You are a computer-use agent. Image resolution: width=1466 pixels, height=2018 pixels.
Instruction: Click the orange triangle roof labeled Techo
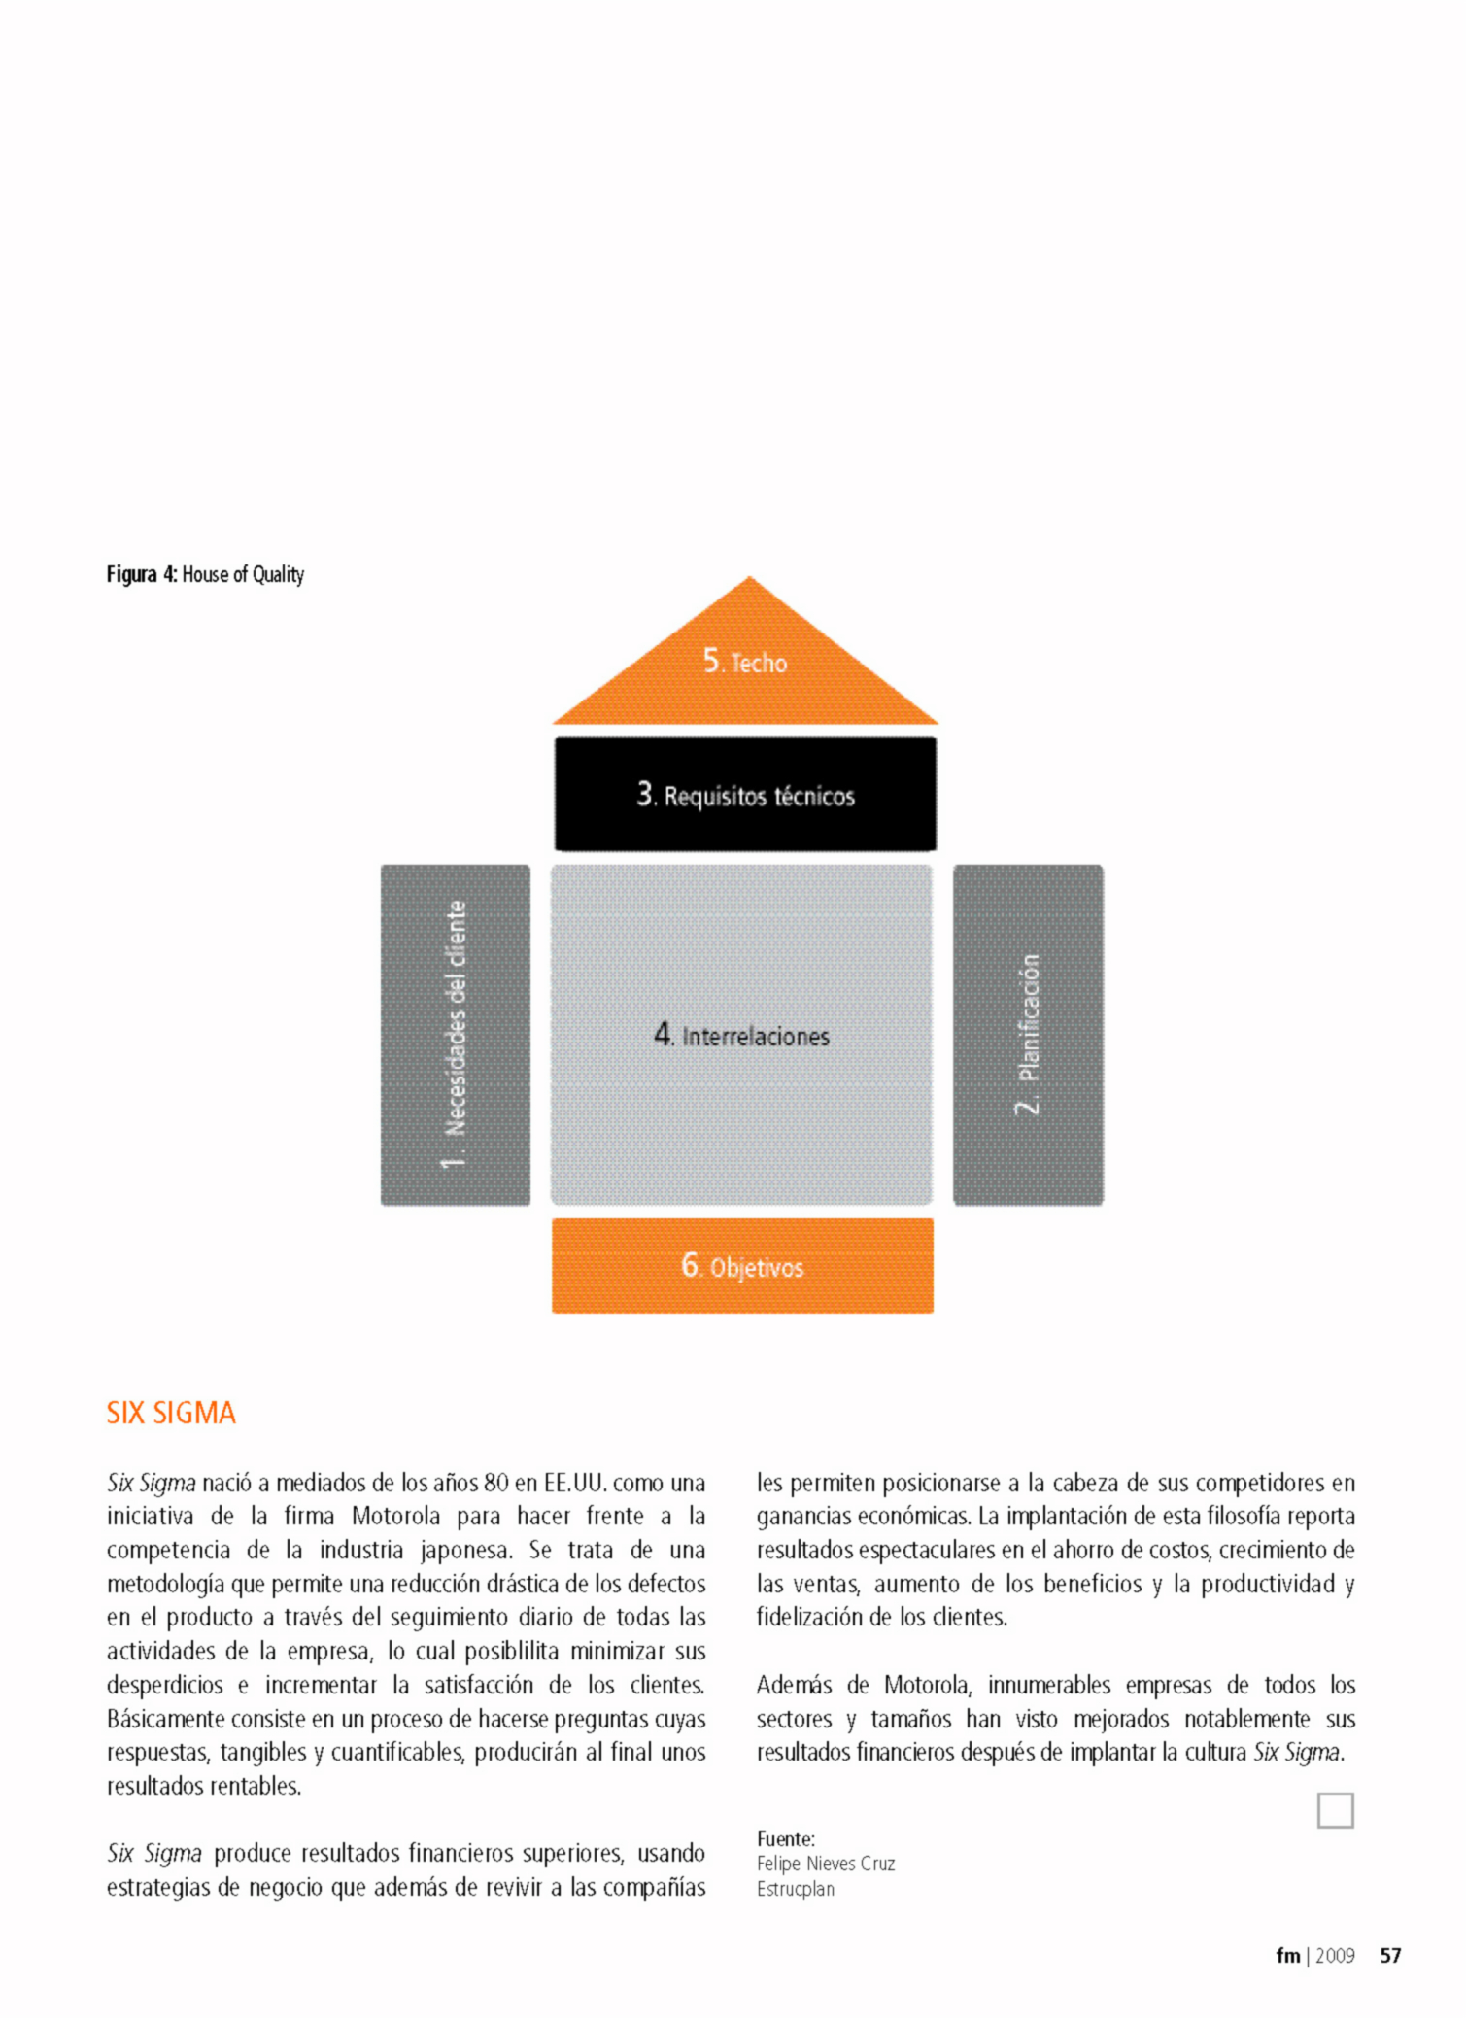[x=745, y=670]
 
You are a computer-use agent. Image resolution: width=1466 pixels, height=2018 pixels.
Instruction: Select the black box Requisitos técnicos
[x=745, y=795]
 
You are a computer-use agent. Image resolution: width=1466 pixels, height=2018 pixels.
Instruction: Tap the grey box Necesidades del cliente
[x=456, y=1035]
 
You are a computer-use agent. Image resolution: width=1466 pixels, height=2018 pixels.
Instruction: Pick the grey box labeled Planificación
[x=1028, y=1035]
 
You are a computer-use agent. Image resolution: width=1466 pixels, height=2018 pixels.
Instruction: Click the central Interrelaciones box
[x=741, y=1035]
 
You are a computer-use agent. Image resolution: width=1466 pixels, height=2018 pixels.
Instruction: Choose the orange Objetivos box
[x=742, y=1265]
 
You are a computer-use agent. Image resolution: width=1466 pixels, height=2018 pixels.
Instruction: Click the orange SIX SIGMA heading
[x=171, y=1413]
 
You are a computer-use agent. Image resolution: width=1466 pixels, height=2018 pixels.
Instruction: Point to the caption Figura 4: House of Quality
[x=205, y=574]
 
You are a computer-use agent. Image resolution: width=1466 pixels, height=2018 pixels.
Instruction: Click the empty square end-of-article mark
[x=1335, y=1810]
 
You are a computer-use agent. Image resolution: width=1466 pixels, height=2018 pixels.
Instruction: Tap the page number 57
[x=1390, y=1956]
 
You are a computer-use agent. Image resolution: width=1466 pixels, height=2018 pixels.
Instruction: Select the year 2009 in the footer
[x=1335, y=1956]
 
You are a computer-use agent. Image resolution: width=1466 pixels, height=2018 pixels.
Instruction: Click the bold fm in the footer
[x=1287, y=1956]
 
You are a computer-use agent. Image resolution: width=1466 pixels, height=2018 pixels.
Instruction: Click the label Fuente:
[x=785, y=1839]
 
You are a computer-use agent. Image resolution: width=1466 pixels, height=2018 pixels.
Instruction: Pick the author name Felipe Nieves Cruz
[x=826, y=1864]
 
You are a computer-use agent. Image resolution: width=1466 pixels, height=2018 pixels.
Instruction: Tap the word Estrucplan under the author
[x=796, y=1889]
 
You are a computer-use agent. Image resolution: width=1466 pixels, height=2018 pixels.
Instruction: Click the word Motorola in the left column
[x=395, y=1517]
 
